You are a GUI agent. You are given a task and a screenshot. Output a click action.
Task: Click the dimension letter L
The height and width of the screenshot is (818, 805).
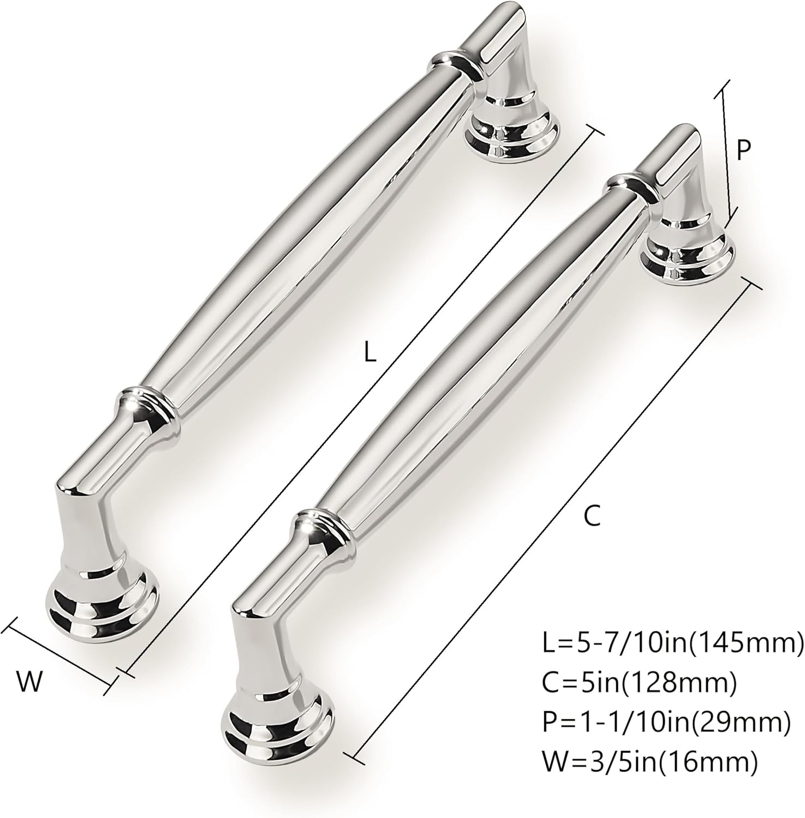pyautogui.click(x=371, y=353)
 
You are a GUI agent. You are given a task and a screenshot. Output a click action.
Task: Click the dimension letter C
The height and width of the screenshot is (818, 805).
pyautogui.click(x=592, y=515)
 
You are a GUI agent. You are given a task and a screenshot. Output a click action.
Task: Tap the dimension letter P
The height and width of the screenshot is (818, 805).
pyautogui.click(x=743, y=149)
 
